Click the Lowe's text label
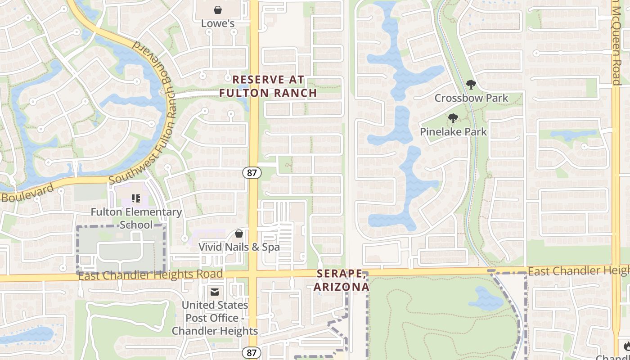[x=218, y=23]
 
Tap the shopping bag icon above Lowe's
[x=218, y=9]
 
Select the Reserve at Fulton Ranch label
[x=268, y=86]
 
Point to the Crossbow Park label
[x=471, y=98]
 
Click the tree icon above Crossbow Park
[x=471, y=84]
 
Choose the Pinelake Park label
[x=453, y=132]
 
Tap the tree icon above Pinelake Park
[x=453, y=118]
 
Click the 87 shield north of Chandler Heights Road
[x=252, y=172]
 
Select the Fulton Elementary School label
[x=136, y=218]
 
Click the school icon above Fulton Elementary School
[x=135, y=198]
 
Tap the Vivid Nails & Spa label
[x=239, y=247]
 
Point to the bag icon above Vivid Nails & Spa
[x=239, y=234]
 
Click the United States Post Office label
[x=215, y=318]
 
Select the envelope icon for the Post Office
[x=215, y=292]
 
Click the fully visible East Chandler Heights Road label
[x=150, y=274]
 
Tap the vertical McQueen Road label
[x=616, y=43]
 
